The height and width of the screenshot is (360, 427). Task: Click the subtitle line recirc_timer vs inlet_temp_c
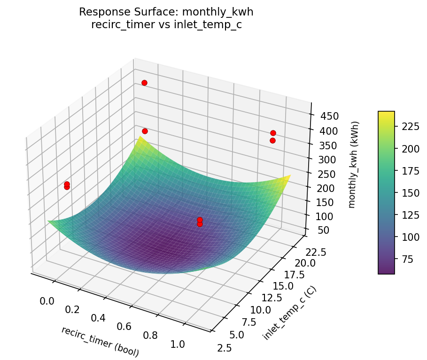pyautogui.click(x=166, y=25)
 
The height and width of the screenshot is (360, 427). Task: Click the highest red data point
pyautogui.click(x=144, y=83)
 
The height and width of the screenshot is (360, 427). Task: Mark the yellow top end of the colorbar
pyautogui.click(x=386, y=114)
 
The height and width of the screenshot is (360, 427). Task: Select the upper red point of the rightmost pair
pyautogui.click(x=273, y=133)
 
